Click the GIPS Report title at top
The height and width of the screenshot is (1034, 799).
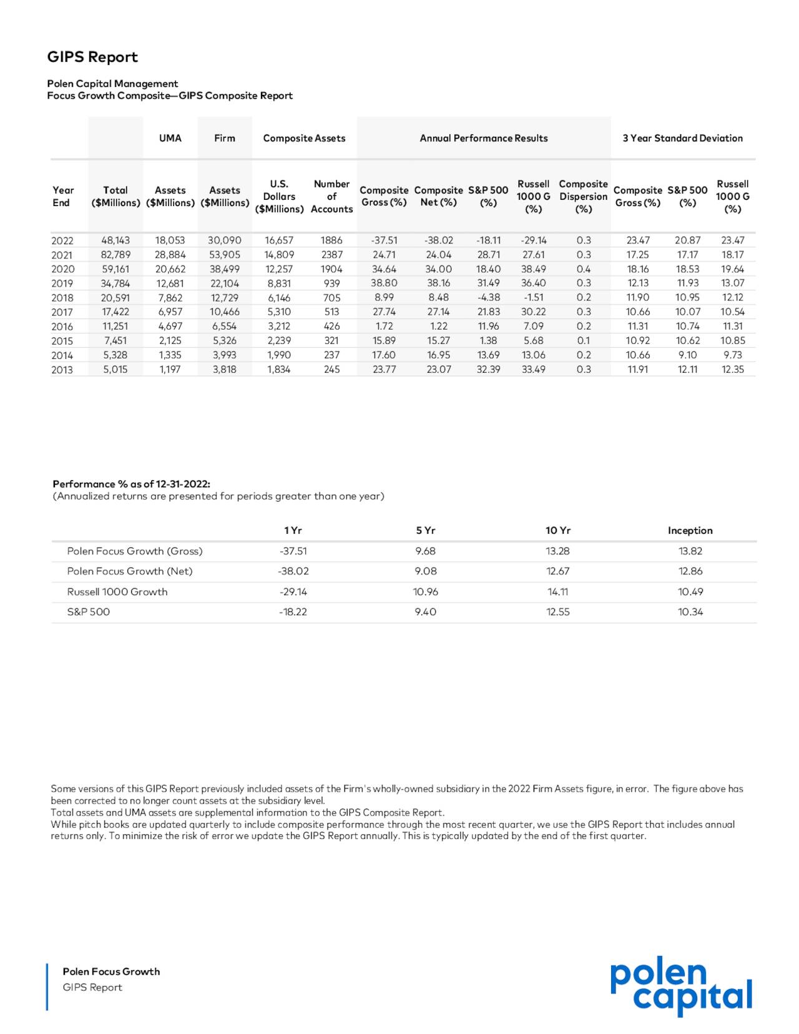pos(92,57)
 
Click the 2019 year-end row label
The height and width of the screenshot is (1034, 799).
pos(62,283)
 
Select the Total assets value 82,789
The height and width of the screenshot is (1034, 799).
pos(115,255)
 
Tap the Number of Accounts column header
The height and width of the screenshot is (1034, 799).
pos(331,196)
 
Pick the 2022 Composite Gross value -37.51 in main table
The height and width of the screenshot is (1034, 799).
pos(384,240)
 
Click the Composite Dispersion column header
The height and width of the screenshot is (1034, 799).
pos(583,196)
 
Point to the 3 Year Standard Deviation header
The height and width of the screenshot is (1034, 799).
pos(682,138)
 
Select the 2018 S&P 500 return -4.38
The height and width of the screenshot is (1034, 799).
pos(488,297)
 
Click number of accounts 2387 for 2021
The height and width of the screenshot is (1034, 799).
pos(331,255)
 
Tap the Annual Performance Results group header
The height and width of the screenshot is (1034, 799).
pos(483,138)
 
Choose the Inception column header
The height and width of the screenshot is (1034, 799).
pos(690,530)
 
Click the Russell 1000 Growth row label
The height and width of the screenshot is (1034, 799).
pos(117,591)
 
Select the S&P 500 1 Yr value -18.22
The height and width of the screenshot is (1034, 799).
pos(293,612)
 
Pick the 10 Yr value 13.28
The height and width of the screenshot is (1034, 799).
pos(557,551)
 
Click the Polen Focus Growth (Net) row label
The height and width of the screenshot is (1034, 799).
pos(130,571)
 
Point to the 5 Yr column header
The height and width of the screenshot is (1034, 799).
pos(425,530)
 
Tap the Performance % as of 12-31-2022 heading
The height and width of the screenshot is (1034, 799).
pos(131,484)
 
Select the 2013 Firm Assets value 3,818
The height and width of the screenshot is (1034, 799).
pos(224,369)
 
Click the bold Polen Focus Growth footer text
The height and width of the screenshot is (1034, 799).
pos(111,971)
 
